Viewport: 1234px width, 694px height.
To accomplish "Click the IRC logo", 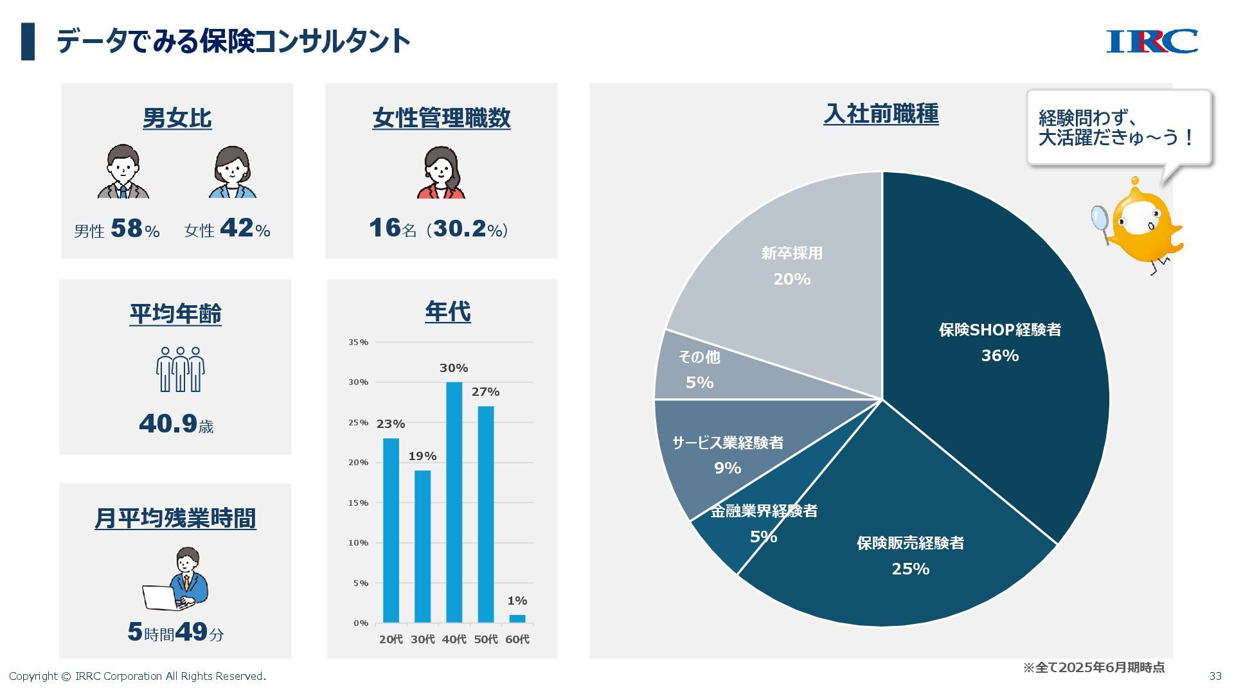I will [1151, 41].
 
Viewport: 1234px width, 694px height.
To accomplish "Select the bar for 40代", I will [454, 502].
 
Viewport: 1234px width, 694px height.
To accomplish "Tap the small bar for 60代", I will [517, 619].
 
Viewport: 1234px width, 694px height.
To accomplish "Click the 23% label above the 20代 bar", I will [390, 424].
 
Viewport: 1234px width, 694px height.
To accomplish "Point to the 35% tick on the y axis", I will [358, 343].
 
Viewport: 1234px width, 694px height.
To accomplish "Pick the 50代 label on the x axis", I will [485, 639].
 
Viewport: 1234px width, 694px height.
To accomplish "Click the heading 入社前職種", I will [881, 114].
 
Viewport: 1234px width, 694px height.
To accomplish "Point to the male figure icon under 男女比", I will [123, 172].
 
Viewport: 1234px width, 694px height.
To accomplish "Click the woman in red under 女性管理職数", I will [441, 172].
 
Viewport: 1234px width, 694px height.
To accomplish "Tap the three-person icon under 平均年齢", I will [180, 369].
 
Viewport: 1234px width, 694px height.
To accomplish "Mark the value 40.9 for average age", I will [168, 423].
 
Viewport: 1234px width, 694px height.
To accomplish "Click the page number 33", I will [1215, 676].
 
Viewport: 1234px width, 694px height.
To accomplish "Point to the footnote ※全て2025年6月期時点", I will [1093, 668].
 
